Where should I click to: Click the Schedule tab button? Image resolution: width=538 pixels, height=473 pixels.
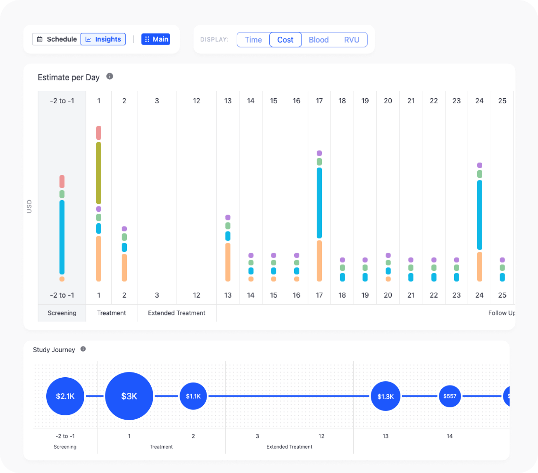(x=57, y=39)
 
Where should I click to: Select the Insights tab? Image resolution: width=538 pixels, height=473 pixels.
(x=103, y=39)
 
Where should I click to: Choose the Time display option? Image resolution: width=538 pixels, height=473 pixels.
(x=253, y=40)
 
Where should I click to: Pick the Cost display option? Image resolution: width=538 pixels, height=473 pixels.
(x=286, y=40)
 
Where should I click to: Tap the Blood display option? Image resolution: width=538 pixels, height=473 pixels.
(x=319, y=40)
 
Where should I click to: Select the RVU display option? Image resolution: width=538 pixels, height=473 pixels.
(x=352, y=40)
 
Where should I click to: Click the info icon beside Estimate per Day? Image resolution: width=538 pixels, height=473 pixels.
(x=110, y=76)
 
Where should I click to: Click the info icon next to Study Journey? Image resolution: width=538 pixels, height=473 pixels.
(x=83, y=349)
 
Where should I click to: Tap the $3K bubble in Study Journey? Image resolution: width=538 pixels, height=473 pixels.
(x=129, y=396)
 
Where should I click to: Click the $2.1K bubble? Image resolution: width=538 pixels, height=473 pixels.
(x=65, y=396)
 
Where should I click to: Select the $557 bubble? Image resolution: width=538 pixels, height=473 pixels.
(x=450, y=396)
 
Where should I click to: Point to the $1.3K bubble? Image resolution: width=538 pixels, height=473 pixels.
(x=386, y=396)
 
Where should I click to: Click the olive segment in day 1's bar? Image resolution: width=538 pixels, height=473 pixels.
(x=99, y=173)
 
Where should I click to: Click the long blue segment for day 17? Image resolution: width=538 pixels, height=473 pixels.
(x=319, y=203)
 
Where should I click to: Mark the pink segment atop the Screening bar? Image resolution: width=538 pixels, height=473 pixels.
(x=62, y=182)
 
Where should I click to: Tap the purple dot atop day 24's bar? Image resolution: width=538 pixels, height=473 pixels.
(x=480, y=165)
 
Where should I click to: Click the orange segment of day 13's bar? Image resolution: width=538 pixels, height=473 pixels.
(x=228, y=262)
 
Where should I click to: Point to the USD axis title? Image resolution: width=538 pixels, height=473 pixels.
(x=29, y=206)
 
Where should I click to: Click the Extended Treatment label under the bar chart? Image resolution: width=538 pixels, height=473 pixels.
(x=176, y=313)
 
